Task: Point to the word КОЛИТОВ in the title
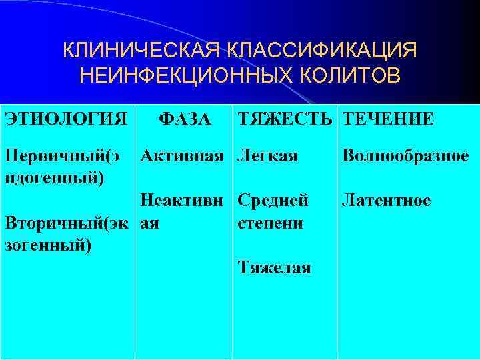point(347,75)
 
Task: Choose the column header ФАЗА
point(184,119)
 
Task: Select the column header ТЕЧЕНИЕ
point(388,119)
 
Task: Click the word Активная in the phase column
point(183,157)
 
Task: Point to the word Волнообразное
point(405,157)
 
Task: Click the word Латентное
point(386,201)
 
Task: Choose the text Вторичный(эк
point(67,223)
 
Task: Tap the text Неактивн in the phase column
point(184,201)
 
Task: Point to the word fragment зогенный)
point(49,245)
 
